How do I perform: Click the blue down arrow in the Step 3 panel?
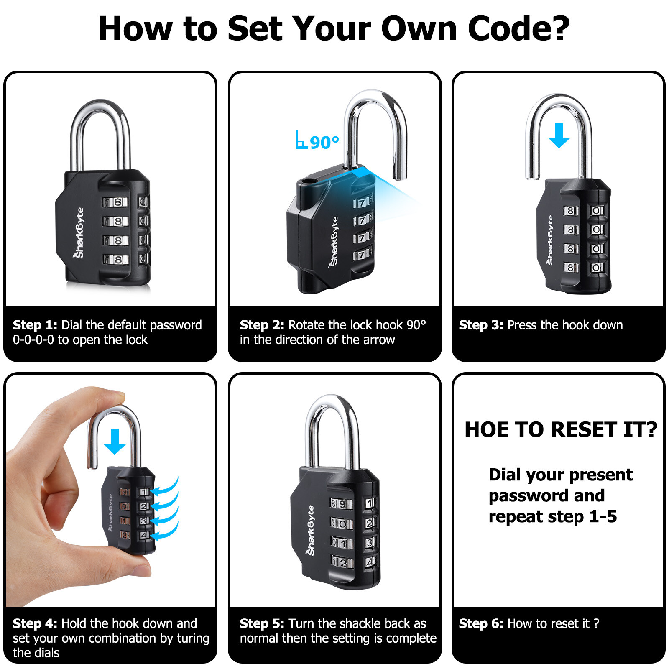pyautogui.click(x=559, y=135)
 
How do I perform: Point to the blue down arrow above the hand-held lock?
pyautogui.click(x=115, y=442)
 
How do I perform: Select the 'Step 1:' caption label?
pyautogui.click(x=35, y=325)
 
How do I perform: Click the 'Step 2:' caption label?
pyautogui.click(x=262, y=325)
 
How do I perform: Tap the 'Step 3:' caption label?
pyautogui.click(x=481, y=325)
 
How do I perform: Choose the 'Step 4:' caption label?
pyautogui.click(x=35, y=623)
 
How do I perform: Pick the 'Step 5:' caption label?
pyautogui.click(x=262, y=623)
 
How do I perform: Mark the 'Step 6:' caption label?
pyautogui.click(x=481, y=623)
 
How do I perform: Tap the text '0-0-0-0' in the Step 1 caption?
pyautogui.click(x=33, y=340)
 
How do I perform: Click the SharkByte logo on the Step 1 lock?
pyautogui.click(x=79, y=232)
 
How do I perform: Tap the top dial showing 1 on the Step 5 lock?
pyautogui.click(x=370, y=503)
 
